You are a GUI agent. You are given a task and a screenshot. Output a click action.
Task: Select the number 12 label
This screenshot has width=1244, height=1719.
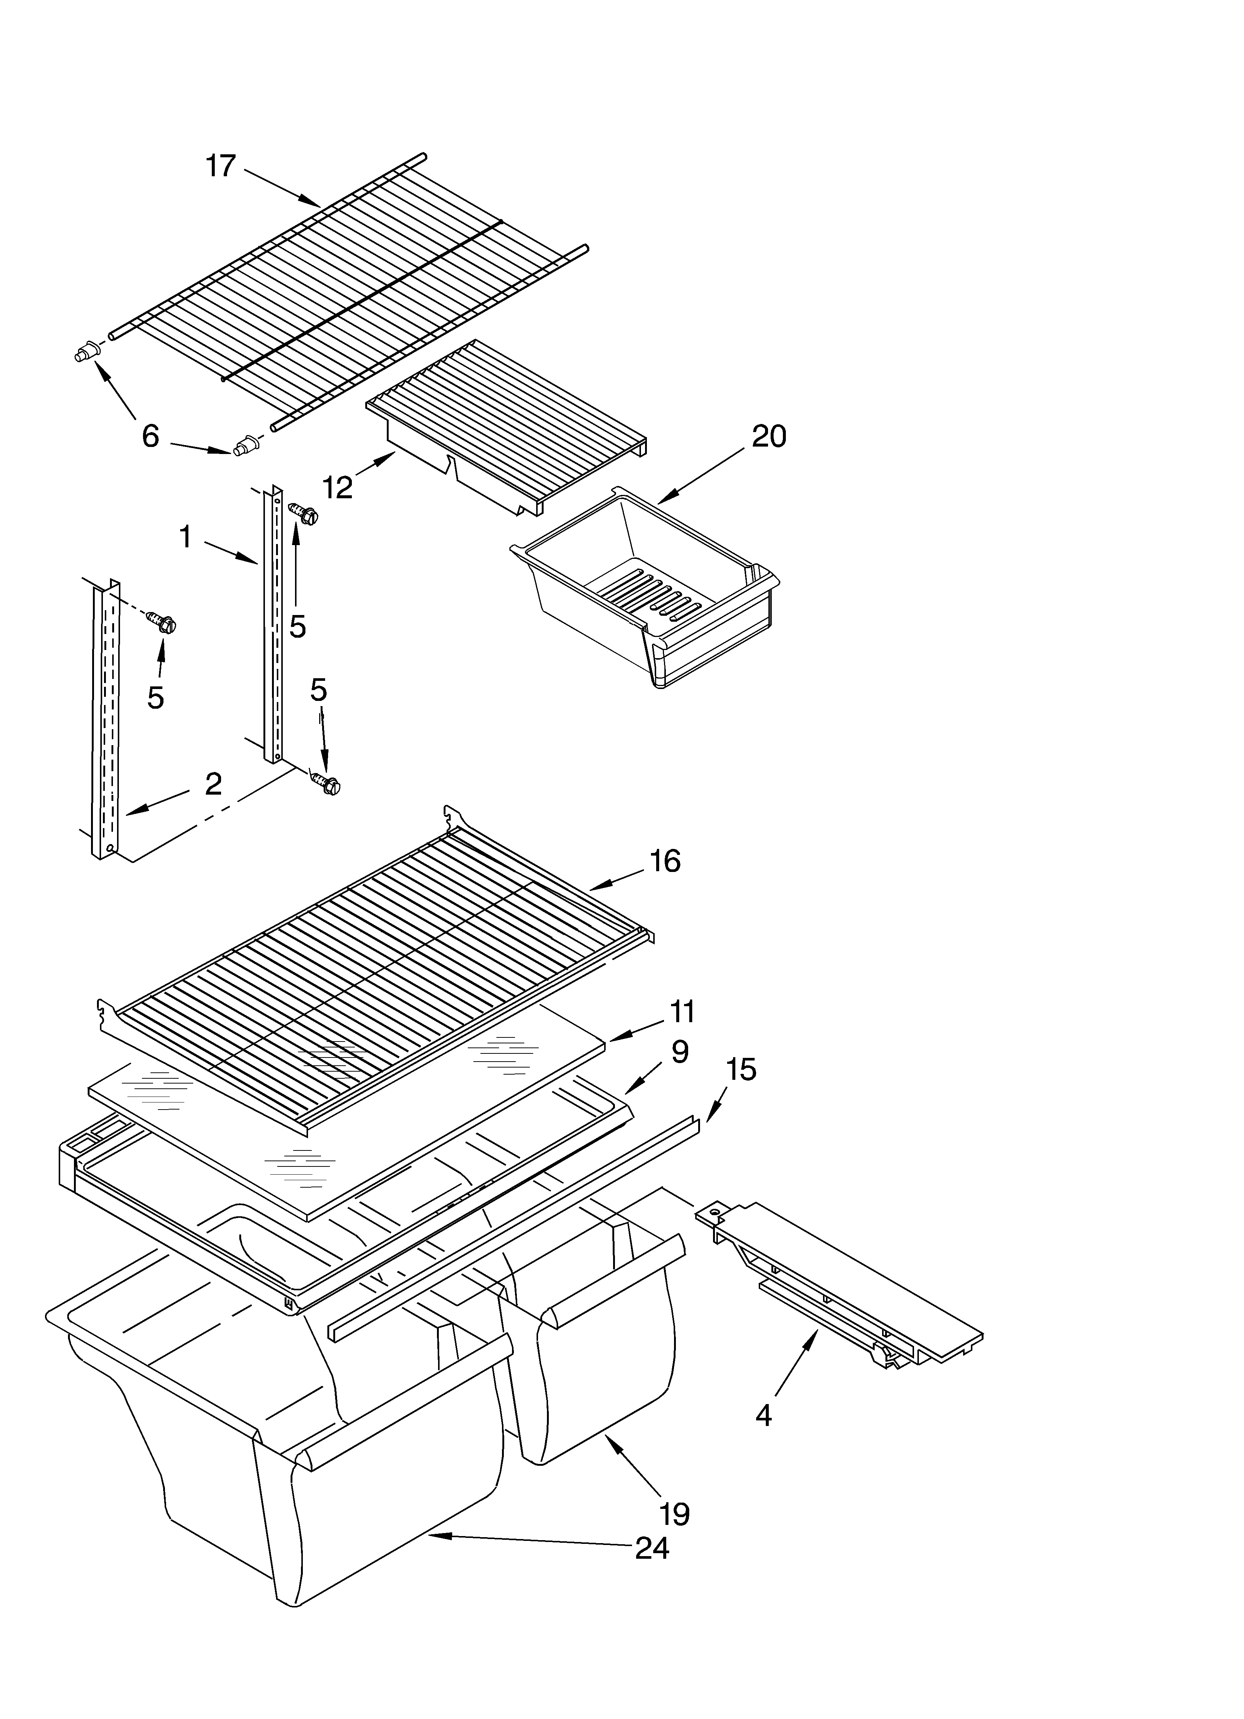(x=337, y=487)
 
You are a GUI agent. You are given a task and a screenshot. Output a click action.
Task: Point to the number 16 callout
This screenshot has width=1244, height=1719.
(x=664, y=861)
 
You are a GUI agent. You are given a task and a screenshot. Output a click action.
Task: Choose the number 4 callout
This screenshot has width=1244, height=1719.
(x=763, y=1415)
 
